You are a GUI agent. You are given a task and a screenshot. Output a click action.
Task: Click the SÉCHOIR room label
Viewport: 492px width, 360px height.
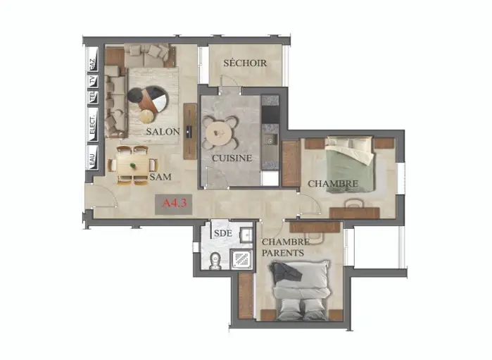click(245, 63)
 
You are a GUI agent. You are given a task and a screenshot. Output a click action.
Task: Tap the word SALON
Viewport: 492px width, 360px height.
click(163, 132)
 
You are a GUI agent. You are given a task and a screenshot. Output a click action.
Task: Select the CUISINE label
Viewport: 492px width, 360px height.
click(232, 158)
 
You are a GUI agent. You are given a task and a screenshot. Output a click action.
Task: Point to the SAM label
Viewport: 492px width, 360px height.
click(160, 177)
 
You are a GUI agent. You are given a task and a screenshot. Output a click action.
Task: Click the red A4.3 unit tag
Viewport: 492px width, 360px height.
click(174, 203)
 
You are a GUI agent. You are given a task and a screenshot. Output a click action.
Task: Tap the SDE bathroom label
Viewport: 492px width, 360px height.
click(223, 233)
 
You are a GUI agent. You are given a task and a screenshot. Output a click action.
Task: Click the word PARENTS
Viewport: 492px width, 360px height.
click(283, 253)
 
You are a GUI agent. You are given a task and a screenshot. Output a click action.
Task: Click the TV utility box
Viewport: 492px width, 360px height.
click(93, 81)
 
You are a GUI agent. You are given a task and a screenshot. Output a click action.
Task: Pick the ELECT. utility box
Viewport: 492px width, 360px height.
click(93, 125)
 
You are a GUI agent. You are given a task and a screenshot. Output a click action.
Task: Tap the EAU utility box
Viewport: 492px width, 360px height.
click(93, 157)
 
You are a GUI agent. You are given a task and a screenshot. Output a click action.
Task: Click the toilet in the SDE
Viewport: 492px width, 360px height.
click(215, 261)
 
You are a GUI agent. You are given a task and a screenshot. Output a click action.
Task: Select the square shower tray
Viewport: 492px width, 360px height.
click(241, 259)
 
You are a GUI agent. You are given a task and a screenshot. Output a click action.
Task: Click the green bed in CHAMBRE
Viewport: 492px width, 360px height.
click(350, 164)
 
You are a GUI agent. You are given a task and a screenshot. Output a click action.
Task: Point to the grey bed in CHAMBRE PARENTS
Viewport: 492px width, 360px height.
click(301, 290)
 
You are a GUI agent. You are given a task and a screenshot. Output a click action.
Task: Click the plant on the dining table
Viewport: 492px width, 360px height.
click(133, 166)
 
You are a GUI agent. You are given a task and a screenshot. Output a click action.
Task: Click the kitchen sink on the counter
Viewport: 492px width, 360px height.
click(270, 140)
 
